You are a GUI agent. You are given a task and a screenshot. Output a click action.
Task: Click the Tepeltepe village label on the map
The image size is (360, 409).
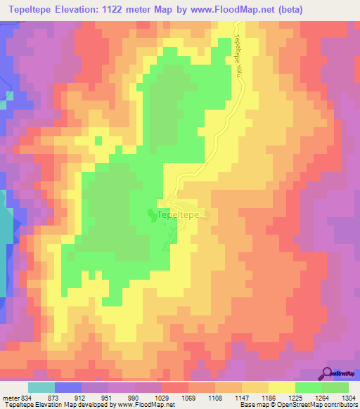[178, 214]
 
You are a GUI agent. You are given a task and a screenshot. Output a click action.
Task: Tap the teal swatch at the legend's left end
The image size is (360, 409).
[41, 388]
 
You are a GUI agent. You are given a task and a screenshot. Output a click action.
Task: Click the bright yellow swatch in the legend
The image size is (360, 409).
[282, 388]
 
